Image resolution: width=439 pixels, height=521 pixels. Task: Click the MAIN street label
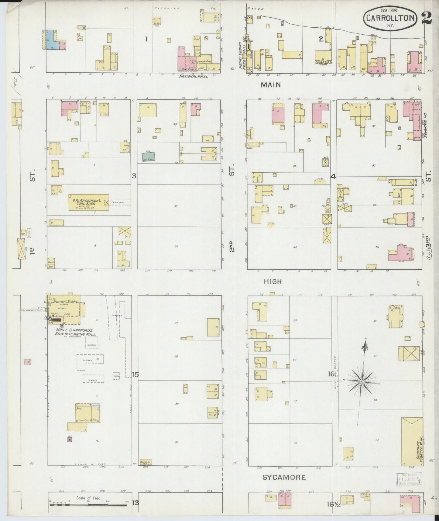click(271, 85)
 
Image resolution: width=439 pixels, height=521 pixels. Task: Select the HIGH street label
click(273, 282)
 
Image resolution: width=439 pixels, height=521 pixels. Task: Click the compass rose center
click(362, 381)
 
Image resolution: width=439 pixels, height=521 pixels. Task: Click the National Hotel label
click(194, 77)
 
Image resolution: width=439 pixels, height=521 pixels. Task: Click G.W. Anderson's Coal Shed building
click(88, 202)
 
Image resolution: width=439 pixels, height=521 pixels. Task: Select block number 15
click(135, 374)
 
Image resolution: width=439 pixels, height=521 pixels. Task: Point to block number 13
click(135, 503)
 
